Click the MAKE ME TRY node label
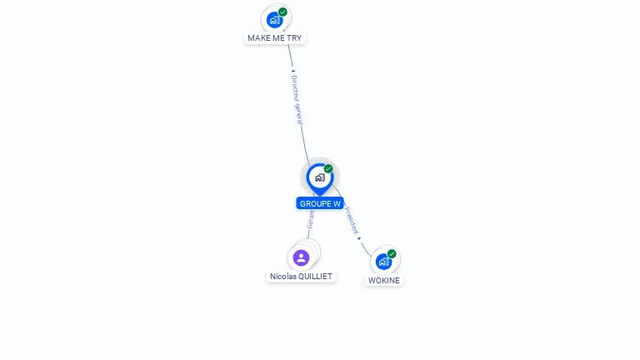pyautogui.click(x=274, y=38)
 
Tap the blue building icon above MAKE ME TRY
pyautogui.click(x=274, y=20)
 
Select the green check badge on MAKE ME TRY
pyautogui.click(x=283, y=12)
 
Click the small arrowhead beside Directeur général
pyautogui.click(x=292, y=72)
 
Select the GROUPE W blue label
pyautogui.click(x=320, y=203)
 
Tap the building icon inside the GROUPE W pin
pyautogui.click(x=319, y=177)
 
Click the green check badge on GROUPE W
pyautogui.click(x=328, y=169)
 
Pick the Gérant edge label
pyautogui.click(x=311, y=218)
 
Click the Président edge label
pyautogui.click(x=352, y=220)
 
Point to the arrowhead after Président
pyautogui.click(x=359, y=238)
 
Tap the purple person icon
pyautogui.click(x=302, y=257)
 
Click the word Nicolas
pyautogui.click(x=284, y=276)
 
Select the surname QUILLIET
pyautogui.click(x=317, y=276)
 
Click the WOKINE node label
pyautogui.click(x=384, y=281)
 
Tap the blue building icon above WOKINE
pyautogui.click(x=383, y=262)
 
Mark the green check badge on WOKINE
pyautogui.click(x=392, y=254)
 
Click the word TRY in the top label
pyautogui.click(x=293, y=38)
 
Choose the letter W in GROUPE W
pyautogui.click(x=337, y=203)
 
